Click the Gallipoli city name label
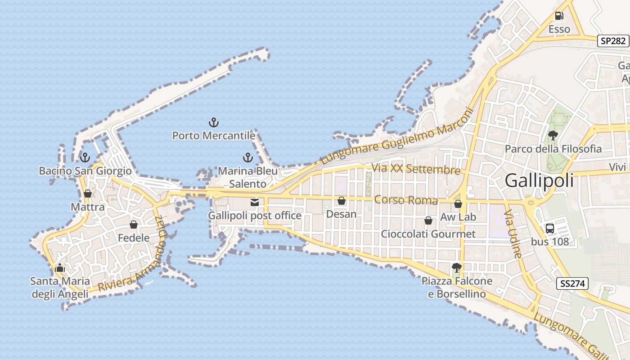pos(539,180)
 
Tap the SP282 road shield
pos(613,41)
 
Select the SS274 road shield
pos(572,283)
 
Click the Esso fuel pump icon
pos(559,16)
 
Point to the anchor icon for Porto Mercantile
pos(213,122)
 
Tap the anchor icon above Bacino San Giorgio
pos(85,157)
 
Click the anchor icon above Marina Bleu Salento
pos(247,157)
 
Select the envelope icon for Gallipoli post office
pos(255,202)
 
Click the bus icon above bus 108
pos(549,228)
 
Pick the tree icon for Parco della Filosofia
pos(553,135)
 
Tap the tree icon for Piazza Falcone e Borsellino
pos(456,268)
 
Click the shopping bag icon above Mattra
pos(88,193)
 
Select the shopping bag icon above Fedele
pos(134,224)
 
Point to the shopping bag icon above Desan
pos(342,201)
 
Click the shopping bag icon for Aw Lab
pos(458,204)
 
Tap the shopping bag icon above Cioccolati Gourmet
pos(428,220)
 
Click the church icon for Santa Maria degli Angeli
pos(59,268)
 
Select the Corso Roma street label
pos(406,200)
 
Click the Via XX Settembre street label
pos(416,170)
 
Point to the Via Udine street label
pos(513,234)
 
